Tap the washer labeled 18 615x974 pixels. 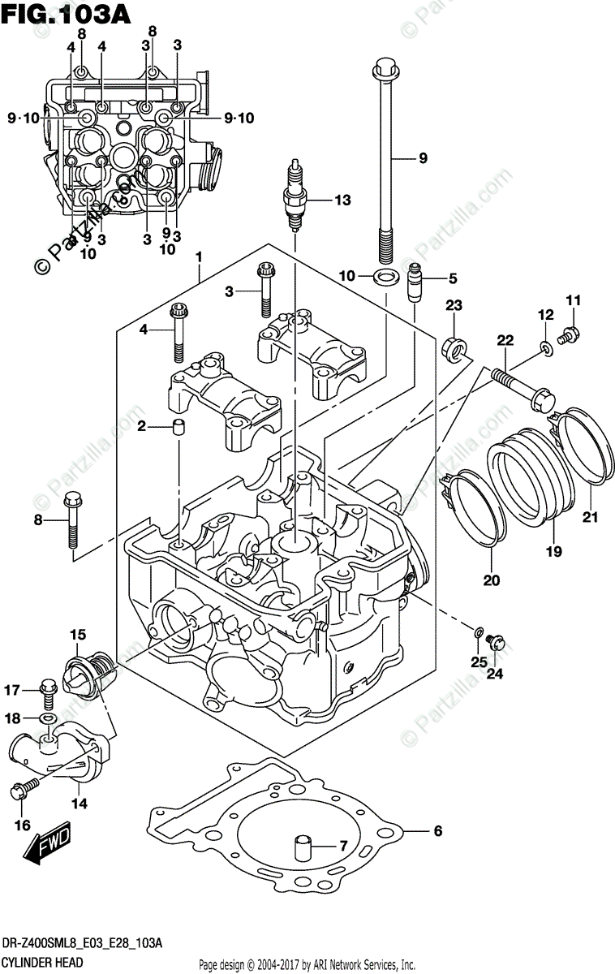pos(48,719)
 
